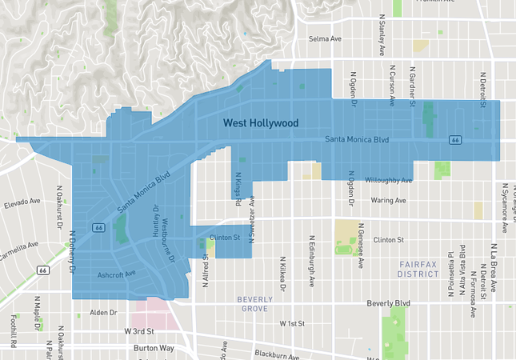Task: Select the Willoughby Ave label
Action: (388, 180)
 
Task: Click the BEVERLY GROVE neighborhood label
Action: (255, 304)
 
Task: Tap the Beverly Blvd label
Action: (388, 304)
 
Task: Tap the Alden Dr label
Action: (103, 312)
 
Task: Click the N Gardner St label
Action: (414, 85)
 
